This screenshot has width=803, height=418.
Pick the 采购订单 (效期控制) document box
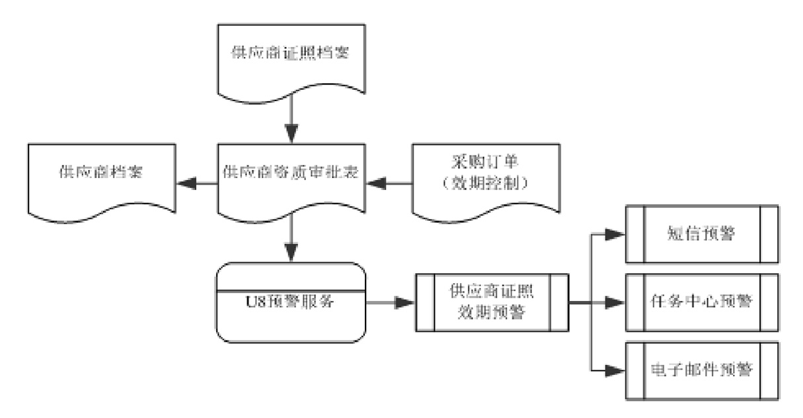[486, 176]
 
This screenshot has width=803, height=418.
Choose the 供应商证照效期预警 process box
[491, 302]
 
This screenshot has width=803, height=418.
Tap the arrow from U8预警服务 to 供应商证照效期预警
[390, 303]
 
